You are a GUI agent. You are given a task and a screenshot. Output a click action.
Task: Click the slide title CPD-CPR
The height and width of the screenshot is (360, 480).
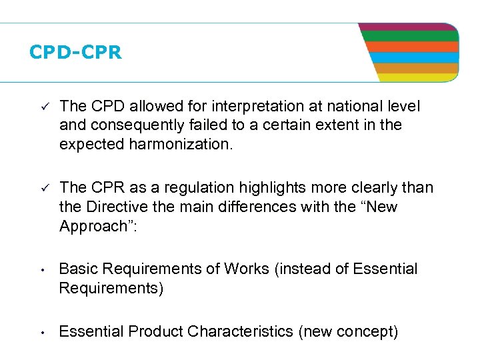tap(75, 53)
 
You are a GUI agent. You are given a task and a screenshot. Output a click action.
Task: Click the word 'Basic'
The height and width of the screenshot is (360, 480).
tap(77, 269)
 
